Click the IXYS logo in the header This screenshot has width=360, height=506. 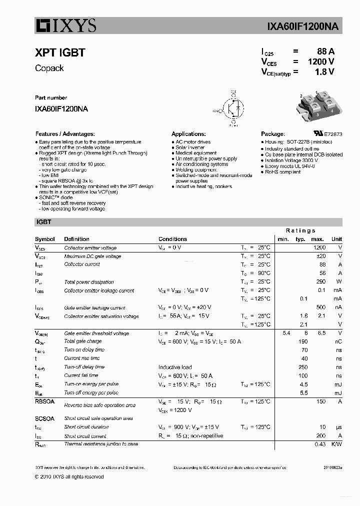(x=65, y=25)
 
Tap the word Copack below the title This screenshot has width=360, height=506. (x=49, y=68)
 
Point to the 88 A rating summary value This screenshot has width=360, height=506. (x=325, y=51)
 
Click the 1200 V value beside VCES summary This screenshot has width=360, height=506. (x=320, y=61)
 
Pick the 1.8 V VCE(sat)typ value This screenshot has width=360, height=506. (x=324, y=71)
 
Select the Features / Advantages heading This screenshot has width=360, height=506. (x=64, y=134)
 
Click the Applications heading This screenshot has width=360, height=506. (x=188, y=134)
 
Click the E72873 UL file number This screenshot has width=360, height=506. (x=333, y=134)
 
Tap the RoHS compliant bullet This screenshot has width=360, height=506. (x=282, y=172)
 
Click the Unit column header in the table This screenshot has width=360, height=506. (x=336, y=239)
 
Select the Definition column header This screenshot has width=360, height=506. (x=76, y=239)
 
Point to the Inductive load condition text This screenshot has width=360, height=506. (x=175, y=367)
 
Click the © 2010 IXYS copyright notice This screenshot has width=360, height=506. (x=69, y=477)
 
